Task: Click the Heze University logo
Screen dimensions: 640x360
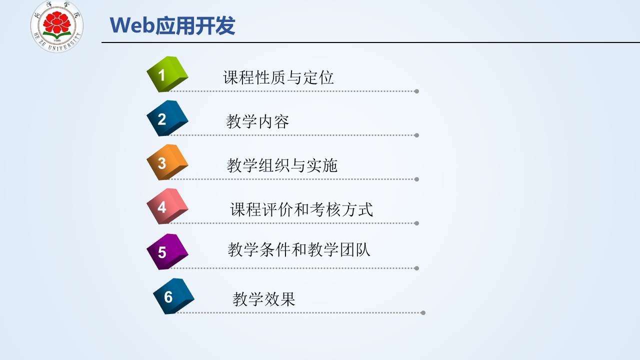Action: point(57,26)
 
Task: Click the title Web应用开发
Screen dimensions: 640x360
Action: point(172,25)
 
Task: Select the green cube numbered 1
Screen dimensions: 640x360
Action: point(167,74)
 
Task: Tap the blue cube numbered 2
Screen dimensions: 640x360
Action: point(167,118)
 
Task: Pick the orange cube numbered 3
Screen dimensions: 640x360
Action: point(167,162)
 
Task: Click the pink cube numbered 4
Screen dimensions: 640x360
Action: point(167,206)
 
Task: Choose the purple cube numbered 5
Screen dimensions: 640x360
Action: point(167,251)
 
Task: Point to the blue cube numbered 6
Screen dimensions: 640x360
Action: point(173,296)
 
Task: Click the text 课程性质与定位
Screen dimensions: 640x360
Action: point(278,77)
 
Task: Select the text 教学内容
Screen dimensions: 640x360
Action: point(257,121)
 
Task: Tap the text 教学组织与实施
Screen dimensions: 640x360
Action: point(282,165)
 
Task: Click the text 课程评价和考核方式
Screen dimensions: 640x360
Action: point(301,209)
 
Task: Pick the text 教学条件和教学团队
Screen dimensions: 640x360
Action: point(299,249)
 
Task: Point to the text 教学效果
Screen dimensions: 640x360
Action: point(263,299)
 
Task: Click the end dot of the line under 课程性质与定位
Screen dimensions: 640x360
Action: point(416,91)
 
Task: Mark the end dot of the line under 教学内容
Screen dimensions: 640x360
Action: point(416,135)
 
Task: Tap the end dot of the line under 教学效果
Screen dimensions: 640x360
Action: point(423,313)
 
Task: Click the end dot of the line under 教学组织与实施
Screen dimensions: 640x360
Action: point(416,179)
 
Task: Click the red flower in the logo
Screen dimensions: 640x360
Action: point(57,22)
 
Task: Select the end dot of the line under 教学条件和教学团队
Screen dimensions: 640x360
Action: point(416,268)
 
